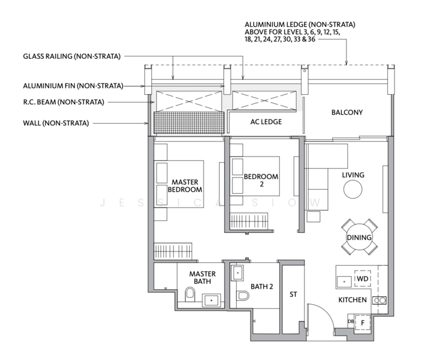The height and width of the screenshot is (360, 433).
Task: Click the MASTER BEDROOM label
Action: click(185, 185)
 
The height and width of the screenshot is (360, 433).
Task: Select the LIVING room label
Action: click(354, 175)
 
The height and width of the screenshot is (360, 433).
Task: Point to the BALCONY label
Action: click(347, 112)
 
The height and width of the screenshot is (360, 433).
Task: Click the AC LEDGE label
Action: click(266, 122)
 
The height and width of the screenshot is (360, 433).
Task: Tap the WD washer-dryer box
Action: click(362, 279)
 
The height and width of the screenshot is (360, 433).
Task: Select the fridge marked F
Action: click(362, 322)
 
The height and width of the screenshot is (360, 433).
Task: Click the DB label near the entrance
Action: click(350, 322)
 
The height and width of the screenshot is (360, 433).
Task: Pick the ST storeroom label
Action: click(293, 295)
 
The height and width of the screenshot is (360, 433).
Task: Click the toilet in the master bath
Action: click(190, 294)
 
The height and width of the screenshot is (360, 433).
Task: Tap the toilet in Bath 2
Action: click(243, 296)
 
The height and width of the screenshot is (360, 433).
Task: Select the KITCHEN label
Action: click(353, 299)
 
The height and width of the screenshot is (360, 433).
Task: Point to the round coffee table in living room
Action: click(353, 190)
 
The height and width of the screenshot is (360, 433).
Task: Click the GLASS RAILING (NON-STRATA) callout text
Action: click(71, 56)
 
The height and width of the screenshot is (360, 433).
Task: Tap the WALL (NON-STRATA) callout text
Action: click(56, 123)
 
